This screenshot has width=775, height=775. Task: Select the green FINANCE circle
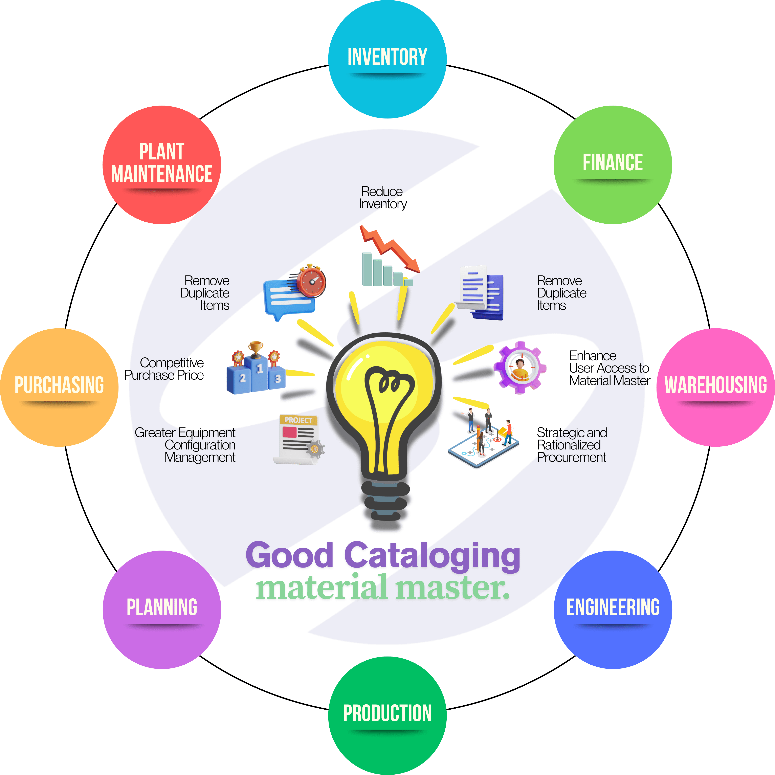[x=613, y=164]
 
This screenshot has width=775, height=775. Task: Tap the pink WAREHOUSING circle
[x=715, y=387]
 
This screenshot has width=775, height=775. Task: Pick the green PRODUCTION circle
[x=387, y=715]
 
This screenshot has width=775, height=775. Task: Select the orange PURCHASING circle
[x=59, y=387]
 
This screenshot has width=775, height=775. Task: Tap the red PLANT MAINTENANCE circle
[x=162, y=164]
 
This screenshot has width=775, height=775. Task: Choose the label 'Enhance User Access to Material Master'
[x=609, y=368]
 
